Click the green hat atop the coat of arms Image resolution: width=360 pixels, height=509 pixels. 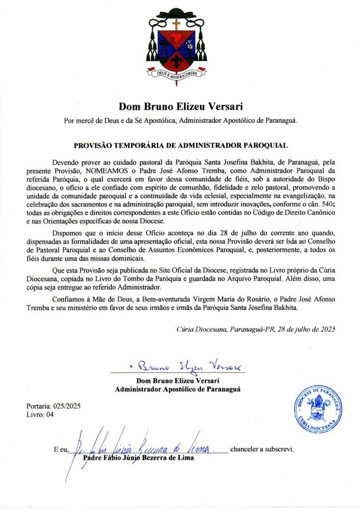point(177,12)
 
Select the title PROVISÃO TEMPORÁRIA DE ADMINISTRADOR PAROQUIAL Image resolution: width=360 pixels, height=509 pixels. point(180,146)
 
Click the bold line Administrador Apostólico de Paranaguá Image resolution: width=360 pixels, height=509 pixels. point(178,389)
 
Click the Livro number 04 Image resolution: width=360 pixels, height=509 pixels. point(49,414)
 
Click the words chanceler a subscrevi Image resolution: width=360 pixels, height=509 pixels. point(262,449)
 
